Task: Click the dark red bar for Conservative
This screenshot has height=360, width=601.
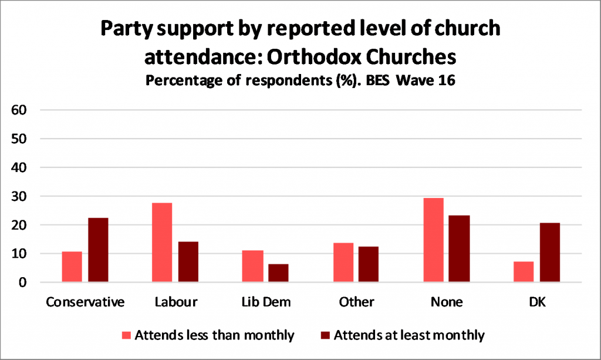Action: pyautogui.click(x=98, y=250)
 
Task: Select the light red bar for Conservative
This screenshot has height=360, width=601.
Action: pyautogui.click(x=72, y=267)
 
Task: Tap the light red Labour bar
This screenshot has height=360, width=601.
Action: pyautogui.click(x=161, y=243)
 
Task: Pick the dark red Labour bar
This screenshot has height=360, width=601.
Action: pyautogui.click(x=188, y=262)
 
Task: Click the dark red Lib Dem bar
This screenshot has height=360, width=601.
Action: pyautogui.click(x=278, y=274)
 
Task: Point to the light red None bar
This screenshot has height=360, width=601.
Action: pyautogui.click(x=433, y=240)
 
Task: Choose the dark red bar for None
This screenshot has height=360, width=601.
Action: pyautogui.click(x=460, y=249)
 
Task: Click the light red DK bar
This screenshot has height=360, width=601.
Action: pyautogui.click(x=523, y=272)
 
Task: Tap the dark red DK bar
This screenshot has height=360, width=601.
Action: pyautogui.click(x=550, y=253)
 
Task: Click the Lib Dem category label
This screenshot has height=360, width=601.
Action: pyautogui.click(x=265, y=302)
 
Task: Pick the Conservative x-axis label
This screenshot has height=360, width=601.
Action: pyautogui.click(x=85, y=302)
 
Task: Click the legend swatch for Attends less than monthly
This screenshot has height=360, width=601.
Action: pyautogui.click(x=127, y=336)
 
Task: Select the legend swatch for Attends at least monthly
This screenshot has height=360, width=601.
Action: pyautogui.click(x=326, y=336)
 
